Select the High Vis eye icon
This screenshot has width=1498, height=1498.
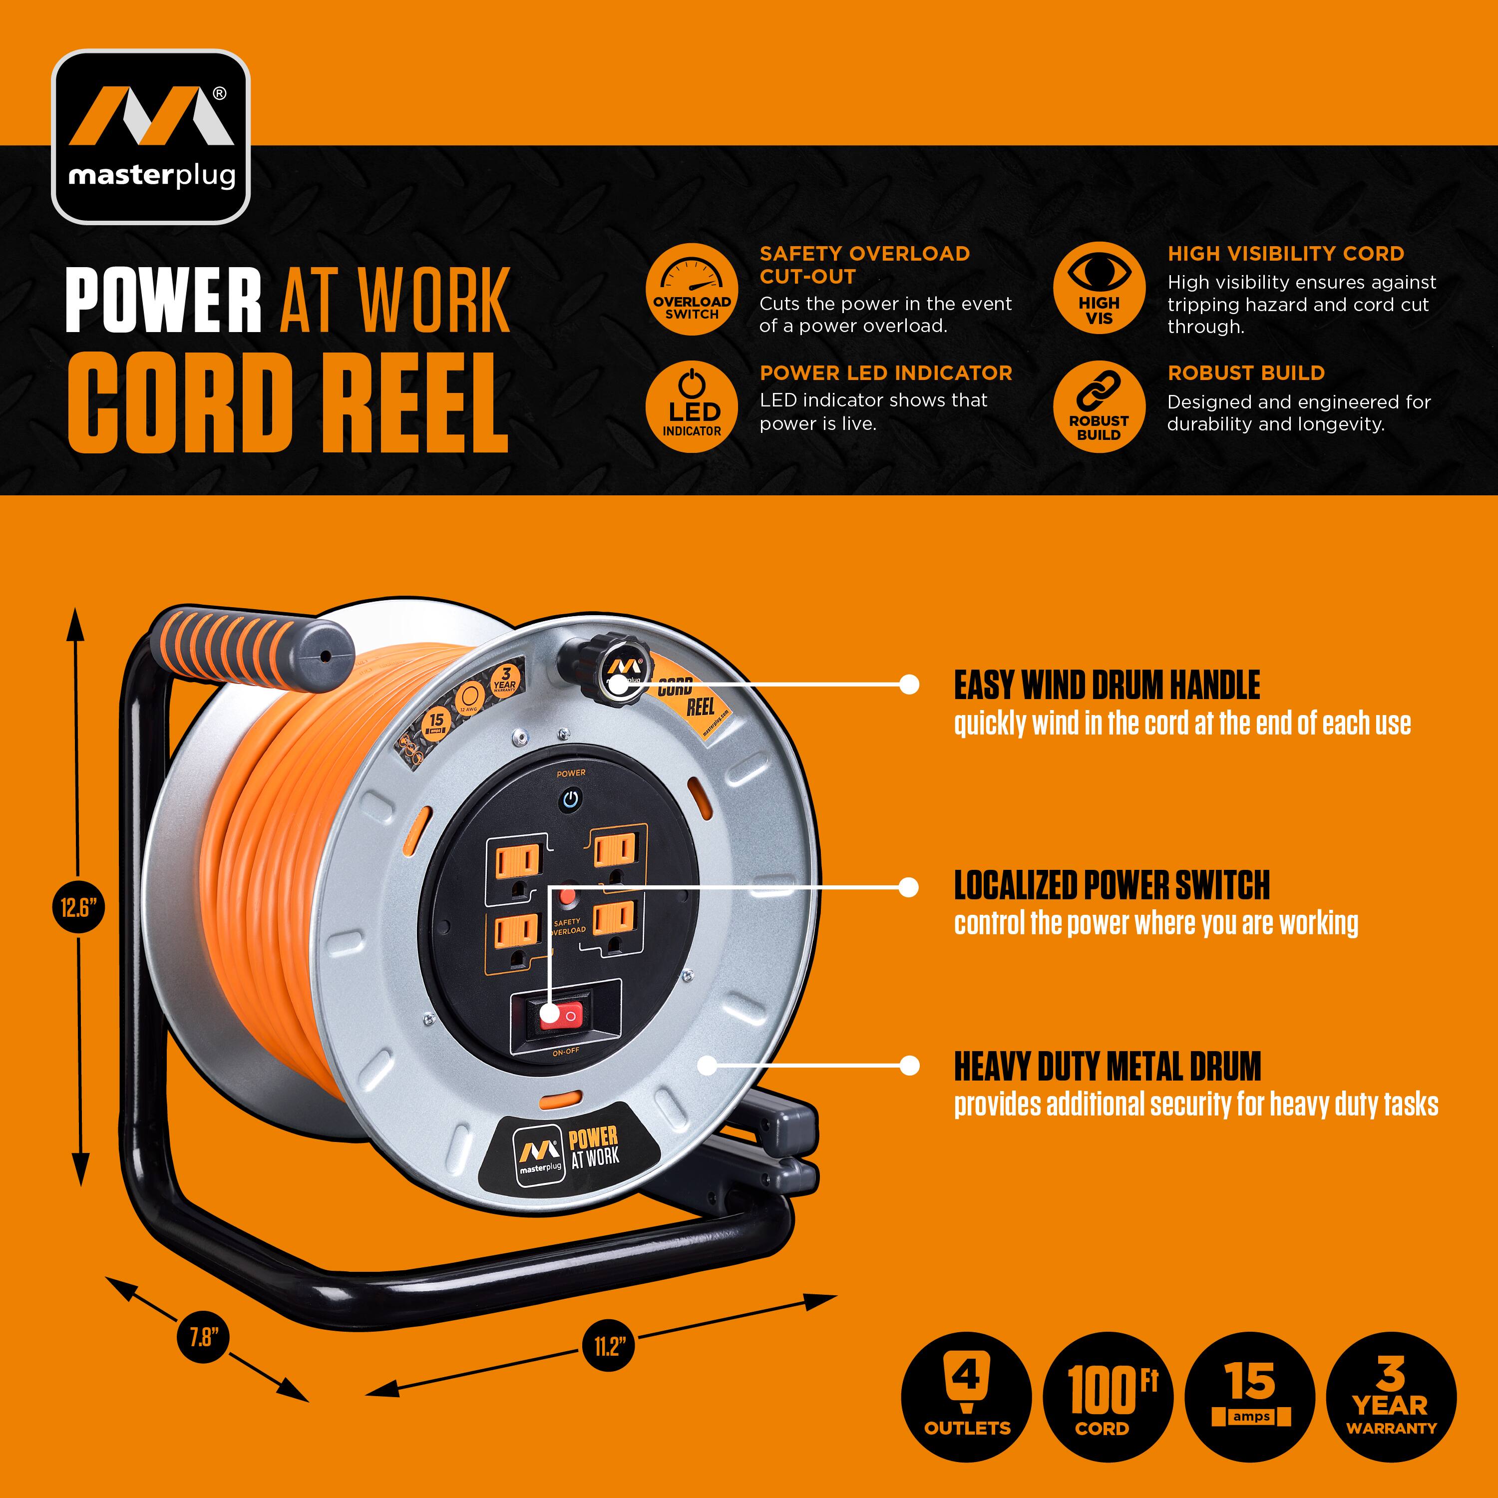coord(1099,289)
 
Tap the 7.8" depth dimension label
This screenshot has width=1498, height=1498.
coord(204,1337)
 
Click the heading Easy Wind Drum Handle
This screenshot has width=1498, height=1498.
coord(1107,686)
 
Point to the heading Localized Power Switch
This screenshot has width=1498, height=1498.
coord(1111,885)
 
